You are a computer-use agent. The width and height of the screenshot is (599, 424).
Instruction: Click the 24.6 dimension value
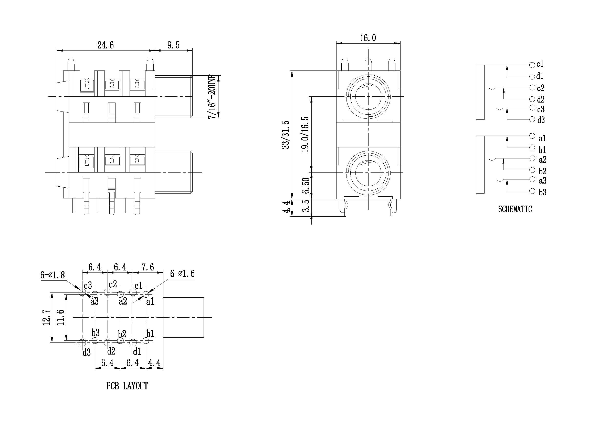106,45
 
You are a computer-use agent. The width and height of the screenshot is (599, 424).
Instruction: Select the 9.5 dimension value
173,45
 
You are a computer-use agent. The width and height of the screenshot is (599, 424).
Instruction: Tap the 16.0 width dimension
368,38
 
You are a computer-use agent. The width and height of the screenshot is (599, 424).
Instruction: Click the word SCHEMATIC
515,209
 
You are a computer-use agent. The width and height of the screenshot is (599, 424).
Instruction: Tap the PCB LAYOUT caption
127,386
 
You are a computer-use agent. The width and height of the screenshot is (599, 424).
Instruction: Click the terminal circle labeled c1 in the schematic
532,65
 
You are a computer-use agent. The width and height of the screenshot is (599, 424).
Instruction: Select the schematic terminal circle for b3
532,191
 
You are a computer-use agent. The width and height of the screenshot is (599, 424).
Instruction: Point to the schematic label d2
541,99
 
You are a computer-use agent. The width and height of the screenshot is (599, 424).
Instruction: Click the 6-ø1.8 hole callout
52,275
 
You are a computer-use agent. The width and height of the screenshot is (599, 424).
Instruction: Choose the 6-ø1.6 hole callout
182,274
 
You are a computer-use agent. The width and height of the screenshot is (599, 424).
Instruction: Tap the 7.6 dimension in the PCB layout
148,267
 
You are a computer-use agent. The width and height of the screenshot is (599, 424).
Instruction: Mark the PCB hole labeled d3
82,342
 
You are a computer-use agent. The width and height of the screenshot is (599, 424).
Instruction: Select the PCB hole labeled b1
146,340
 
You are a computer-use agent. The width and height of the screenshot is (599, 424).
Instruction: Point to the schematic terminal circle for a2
532,158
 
